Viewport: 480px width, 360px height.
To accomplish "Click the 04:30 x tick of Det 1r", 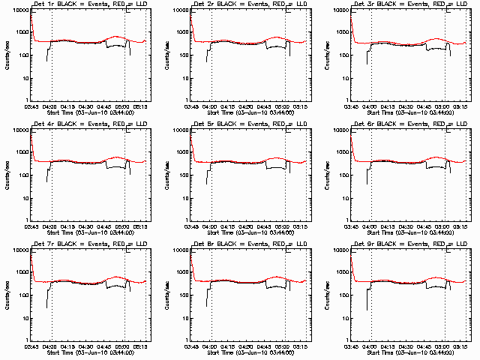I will (x=87, y=106).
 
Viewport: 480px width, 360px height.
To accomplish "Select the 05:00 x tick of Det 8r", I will (x=283, y=346).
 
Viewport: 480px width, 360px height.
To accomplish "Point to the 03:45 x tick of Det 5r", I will (x=191, y=226).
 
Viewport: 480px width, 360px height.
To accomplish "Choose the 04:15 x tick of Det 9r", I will (x=388, y=346).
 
